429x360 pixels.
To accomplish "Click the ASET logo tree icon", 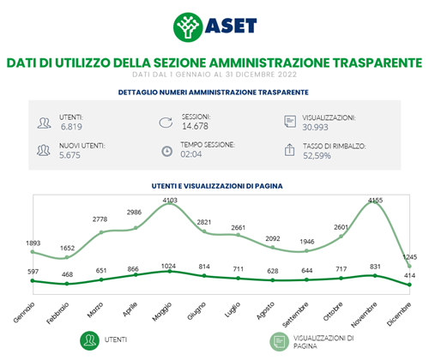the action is click(188, 27).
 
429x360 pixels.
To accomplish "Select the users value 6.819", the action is click(71, 127).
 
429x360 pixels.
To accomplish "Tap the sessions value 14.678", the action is click(195, 126).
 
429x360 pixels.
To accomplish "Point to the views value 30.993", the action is click(315, 127).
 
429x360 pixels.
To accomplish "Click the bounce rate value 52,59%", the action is click(317, 155).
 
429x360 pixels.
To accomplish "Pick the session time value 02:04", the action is click(190, 154).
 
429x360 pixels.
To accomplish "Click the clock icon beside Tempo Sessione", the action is click(167, 151).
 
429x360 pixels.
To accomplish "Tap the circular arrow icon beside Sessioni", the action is click(166, 123).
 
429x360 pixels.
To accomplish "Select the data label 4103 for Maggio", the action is click(170, 201).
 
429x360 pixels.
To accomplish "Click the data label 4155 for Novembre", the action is click(375, 201).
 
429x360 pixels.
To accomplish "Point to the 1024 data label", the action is click(168, 266).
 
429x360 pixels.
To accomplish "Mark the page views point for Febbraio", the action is click(67, 257).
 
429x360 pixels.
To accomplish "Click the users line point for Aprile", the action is click(136, 274).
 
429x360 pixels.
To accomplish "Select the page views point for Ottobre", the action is click(341, 237).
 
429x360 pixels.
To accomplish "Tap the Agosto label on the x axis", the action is click(265, 310).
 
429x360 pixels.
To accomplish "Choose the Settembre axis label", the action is click(295, 315).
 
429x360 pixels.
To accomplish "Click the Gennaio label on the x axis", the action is click(24, 313).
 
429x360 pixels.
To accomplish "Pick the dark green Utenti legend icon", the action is click(89, 340).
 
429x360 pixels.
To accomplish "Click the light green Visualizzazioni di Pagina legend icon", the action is click(280, 341).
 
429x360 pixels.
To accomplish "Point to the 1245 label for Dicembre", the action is click(410, 257).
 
